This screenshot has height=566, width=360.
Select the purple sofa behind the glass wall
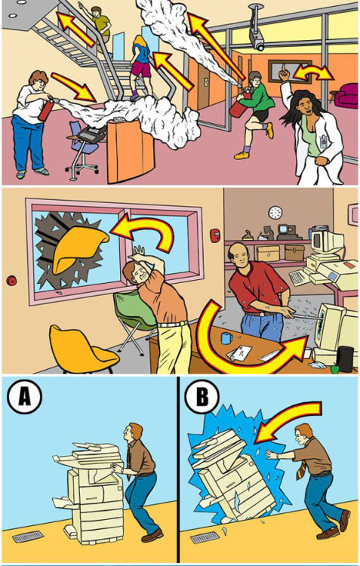(346, 95)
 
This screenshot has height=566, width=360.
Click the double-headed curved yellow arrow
(313, 72)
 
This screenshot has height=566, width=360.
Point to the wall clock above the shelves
(275, 212)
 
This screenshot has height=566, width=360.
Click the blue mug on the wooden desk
(226, 338)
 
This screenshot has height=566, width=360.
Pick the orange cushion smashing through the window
(78, 248)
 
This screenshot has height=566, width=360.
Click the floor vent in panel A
(28, 537)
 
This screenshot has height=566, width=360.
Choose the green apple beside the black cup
(335, 369)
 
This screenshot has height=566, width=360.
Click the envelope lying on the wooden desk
(240, 352)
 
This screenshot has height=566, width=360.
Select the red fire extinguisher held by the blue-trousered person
(47, 107)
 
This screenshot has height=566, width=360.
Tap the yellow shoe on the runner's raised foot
(269, 131)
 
